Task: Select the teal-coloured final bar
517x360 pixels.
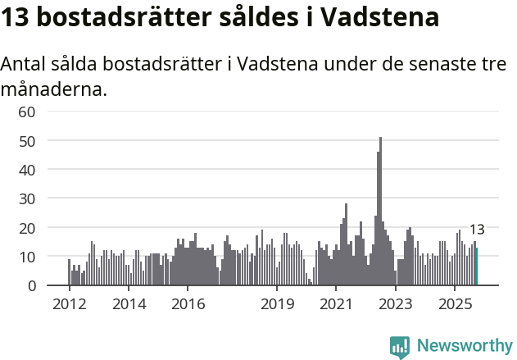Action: [x=477, y=267]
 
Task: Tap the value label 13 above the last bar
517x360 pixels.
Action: [x=477, y=230]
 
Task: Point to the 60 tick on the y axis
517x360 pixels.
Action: [x=27, y=112]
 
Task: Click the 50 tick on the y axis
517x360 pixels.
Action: [x=27, y=141]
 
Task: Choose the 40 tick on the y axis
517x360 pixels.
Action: [x=27, y=170]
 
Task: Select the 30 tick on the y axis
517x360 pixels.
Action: [x=27, y=198]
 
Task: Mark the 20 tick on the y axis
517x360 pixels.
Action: [x=27, y=227]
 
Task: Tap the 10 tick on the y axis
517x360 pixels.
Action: [x=27, y=257]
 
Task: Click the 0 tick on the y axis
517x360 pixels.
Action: [x=31, y=285]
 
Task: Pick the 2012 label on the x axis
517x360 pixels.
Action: [x=69, y=304]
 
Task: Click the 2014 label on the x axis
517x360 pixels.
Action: [x=128, y=304]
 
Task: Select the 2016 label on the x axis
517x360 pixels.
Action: [x=188, y=304]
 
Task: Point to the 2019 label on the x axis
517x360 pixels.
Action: [x=277, y=304]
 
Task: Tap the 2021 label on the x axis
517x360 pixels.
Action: [x=336, y=304]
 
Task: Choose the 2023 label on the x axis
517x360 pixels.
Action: [x=396, y=304]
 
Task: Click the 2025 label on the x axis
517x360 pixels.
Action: [x=455, y=304]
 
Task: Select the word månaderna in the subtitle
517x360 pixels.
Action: [x=54, y=89]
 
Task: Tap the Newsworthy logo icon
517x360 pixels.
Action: [x=400, y=346]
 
